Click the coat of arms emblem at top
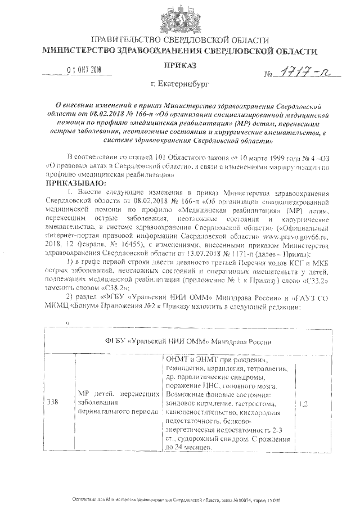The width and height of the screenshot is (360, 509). (181, 18)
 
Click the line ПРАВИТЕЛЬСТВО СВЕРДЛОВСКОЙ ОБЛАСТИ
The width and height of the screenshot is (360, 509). (181, 40)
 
